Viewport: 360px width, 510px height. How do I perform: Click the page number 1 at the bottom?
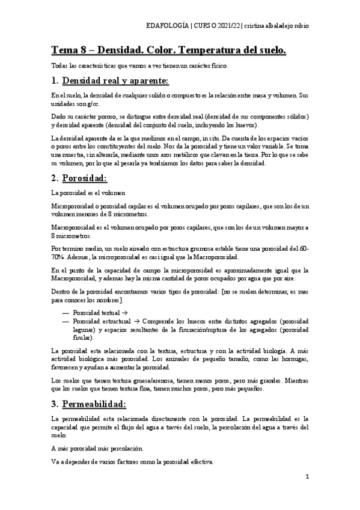click(307, 477)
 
